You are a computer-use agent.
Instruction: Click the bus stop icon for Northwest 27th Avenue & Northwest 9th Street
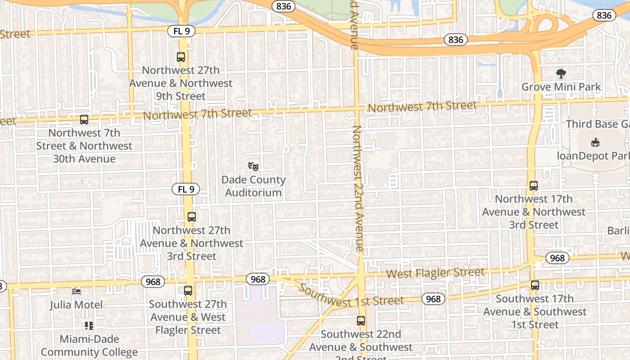click(180, 57)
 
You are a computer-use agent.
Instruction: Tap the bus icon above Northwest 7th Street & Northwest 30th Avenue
click(84, 120)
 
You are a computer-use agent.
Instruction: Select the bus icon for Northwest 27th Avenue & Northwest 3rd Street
click(192, 217)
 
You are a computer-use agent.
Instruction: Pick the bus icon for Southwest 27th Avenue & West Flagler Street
click(188, 291)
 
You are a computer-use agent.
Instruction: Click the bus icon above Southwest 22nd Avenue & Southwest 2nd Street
click(361, 321)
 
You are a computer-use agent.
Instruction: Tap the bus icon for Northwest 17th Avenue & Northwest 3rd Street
click(534, 185)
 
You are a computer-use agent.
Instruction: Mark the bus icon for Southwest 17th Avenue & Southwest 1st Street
click(535, 285)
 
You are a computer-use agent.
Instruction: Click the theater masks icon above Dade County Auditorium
click(253, 166)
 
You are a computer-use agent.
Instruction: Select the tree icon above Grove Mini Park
click(561, 73)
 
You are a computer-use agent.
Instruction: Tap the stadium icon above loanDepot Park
click(595, 142)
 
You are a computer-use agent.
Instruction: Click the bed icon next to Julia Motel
click(76, 292)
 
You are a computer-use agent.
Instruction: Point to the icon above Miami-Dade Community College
click(89, 325)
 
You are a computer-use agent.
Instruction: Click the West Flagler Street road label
click(435, 273)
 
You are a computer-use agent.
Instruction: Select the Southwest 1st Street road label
click(351, 297)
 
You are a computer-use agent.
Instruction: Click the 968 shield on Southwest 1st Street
click(433, 299)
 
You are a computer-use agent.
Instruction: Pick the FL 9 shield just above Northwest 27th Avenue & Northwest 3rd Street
click(186, 189)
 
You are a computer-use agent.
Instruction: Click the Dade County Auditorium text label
click(253, 186)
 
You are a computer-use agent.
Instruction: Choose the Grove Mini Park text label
click(561, 87)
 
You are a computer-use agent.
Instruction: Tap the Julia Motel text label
click(76, 305)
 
